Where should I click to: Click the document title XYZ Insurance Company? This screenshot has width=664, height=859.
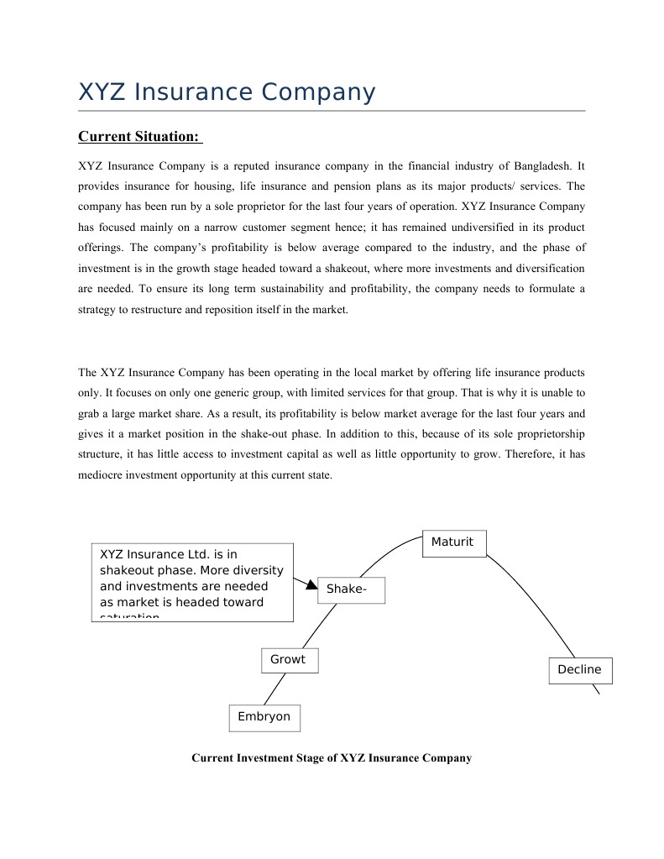227,92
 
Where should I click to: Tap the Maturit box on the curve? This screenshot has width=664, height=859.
453,542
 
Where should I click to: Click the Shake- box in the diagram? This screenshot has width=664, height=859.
351,589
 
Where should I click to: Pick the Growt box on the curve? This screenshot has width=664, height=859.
289,660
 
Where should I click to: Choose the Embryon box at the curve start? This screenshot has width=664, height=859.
264,717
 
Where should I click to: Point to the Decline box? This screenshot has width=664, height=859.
579,670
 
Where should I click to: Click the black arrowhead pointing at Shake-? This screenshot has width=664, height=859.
311,584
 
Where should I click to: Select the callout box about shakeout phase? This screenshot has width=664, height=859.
192,581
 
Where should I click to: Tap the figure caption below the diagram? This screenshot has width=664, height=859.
332,757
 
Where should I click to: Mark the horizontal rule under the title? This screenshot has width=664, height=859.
332,111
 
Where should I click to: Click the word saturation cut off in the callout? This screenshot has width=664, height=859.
129,617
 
